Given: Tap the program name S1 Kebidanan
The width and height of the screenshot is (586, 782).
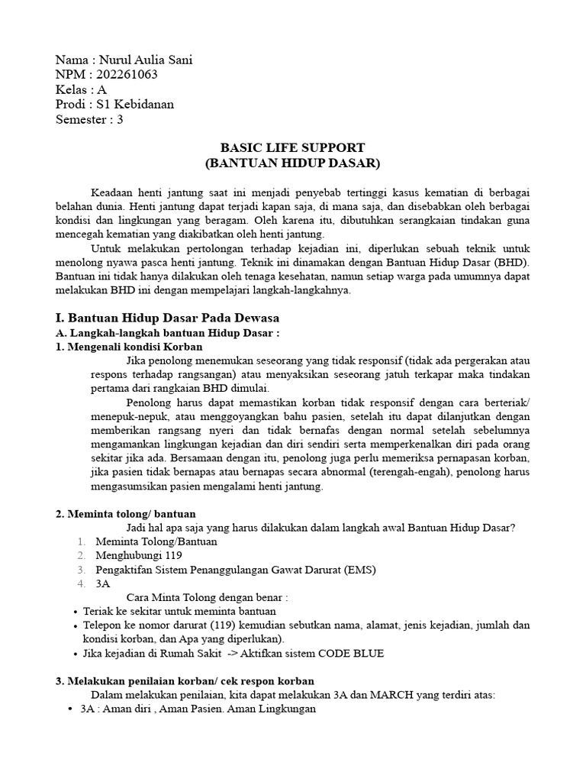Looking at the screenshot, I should click(140, 104).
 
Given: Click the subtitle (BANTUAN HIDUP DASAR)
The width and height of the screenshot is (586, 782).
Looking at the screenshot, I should click(292, 163).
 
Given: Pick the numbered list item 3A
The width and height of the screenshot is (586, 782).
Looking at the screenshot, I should click(103, 583).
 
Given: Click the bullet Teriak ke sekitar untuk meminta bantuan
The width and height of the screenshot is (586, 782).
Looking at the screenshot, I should click(180, 611).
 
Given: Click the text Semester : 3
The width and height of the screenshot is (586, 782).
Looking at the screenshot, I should click(89, 118).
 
